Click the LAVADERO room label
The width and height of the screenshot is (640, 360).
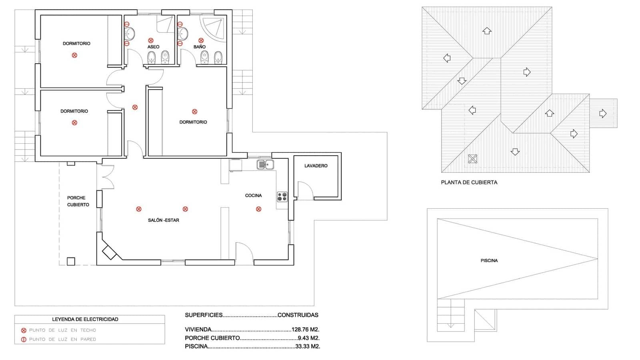[x=316, y=166]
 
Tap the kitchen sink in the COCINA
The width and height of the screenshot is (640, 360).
[x=265, y=164]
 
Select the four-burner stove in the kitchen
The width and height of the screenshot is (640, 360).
[x=282, y=196]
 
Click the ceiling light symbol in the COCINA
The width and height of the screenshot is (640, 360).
[x=258, y=209]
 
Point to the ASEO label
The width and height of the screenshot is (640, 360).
[x=153, y=47]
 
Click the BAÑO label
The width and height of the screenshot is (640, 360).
[x=199, y=47]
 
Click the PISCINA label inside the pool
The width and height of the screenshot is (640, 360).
[x=489, y=260]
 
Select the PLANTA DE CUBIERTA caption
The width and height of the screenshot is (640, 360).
[x=469, y=182]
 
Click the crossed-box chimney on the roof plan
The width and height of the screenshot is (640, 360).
[x=472, y=159]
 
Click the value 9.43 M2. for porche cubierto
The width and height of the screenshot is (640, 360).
[x=308, y=338]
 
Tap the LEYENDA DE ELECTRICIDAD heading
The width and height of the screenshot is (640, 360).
[x=85, y=319]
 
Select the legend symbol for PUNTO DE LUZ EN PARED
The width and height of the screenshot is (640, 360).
[x=24, y=340]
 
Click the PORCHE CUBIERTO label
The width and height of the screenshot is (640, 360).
[x=78, y=201]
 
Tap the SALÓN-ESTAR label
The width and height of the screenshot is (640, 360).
[x=163, y=220]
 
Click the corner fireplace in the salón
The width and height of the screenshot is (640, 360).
[x=109, y=252]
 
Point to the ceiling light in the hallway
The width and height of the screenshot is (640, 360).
[x=135, y=107]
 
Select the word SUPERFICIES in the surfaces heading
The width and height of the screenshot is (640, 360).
[x=203, y=315]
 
